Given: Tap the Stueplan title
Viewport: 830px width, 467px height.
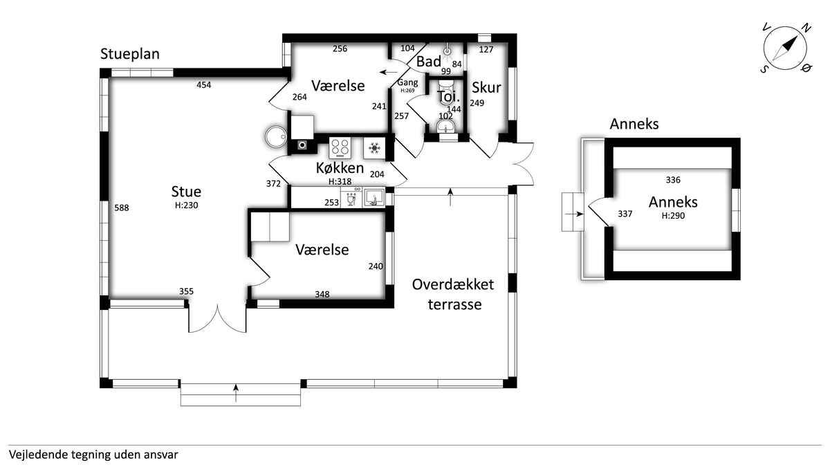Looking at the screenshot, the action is click(130, 54).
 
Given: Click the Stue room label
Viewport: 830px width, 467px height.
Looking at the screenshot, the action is click(186, 192).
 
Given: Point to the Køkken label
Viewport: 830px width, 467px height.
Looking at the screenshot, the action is click(340, 168).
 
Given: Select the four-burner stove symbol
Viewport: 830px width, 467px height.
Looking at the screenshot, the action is click(340, 148).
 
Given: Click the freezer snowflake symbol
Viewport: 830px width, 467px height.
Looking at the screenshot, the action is click(375, 148).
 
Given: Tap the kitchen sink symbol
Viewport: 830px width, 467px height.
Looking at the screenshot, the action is click(375, 197).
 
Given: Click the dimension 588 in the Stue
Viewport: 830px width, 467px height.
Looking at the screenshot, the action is click(122, 208).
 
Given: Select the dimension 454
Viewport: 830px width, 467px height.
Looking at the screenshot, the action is click(204, 85).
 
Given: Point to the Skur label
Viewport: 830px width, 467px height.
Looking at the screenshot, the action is click(486, 87).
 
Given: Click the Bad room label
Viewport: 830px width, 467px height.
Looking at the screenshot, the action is click(429, 62).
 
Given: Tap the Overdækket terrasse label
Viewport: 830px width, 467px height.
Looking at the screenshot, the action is click(453, 294).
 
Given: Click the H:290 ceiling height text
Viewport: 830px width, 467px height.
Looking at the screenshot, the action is click(673, 216).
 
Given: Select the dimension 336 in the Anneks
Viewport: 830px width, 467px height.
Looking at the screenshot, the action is click(673, 180).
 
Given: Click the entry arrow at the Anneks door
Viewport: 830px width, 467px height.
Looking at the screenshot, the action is click(575, 214).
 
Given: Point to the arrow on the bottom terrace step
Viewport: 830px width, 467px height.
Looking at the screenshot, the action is click(236, 393).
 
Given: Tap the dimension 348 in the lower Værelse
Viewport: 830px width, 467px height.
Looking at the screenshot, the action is click(322, 294).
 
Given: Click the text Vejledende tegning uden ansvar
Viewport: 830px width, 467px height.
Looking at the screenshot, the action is click(94, 455).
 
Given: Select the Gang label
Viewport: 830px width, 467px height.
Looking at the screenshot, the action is click(407, 82).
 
